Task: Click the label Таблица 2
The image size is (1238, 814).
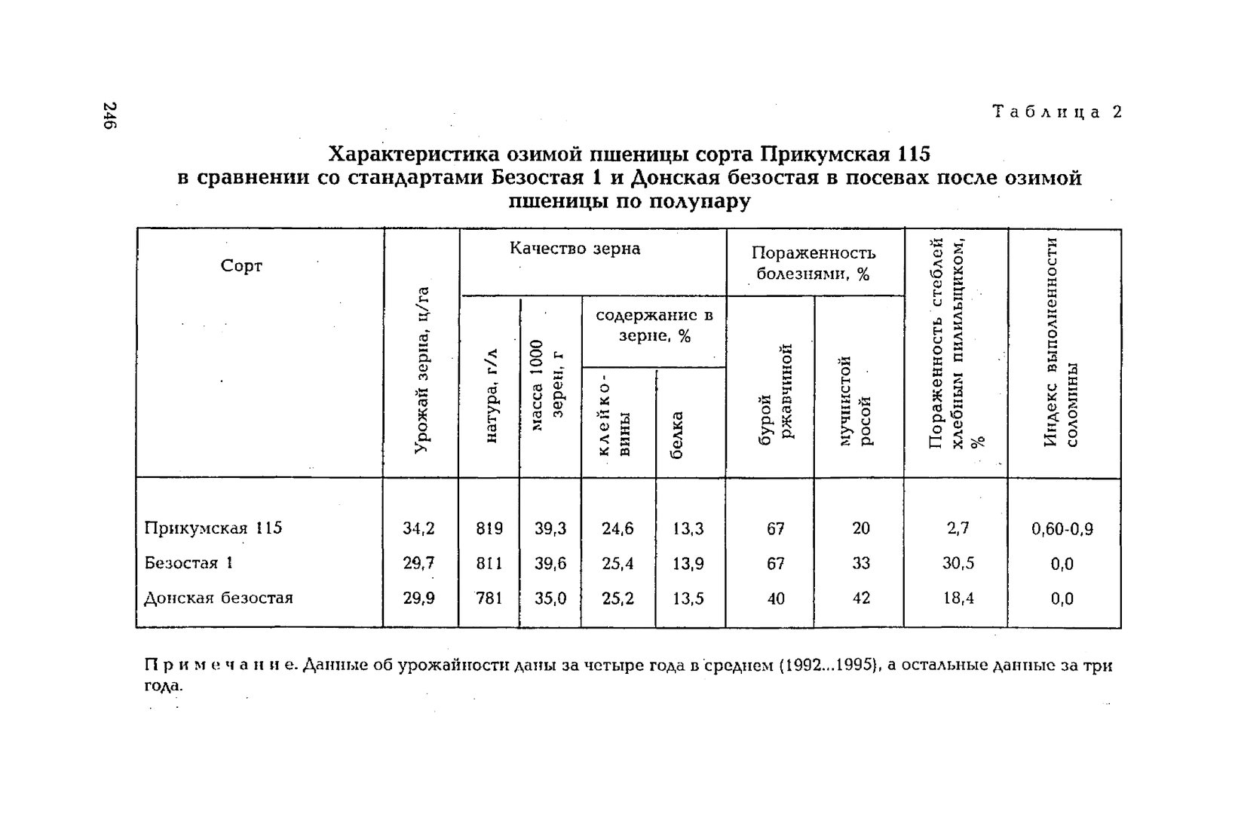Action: click(x=1057, y=112)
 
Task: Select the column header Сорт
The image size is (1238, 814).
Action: click(x=241, y=266)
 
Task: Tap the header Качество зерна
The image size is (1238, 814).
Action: click(x=575, y=249)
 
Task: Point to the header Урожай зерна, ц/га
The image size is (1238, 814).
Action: click(x=422, y=370)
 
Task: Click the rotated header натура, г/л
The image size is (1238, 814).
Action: click(x=491, y=396)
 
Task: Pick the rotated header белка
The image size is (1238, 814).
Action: click(x=676, y=435)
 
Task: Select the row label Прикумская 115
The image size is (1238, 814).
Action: click(x=213, y=528)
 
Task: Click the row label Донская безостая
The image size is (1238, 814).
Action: click(x=218, y=598)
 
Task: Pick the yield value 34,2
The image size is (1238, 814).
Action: click(x=418, y=528)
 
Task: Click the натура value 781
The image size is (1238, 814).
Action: click(x=489, y=598)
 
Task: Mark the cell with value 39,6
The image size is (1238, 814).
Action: click(x=550, y=564)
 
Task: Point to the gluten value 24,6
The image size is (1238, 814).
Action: click(x=617, y=529)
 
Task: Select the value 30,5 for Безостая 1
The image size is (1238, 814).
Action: click(x=958, y=563)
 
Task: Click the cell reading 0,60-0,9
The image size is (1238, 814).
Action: click(x=1062, y=529)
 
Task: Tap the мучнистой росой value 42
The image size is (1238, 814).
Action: click(x=860, y=598)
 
